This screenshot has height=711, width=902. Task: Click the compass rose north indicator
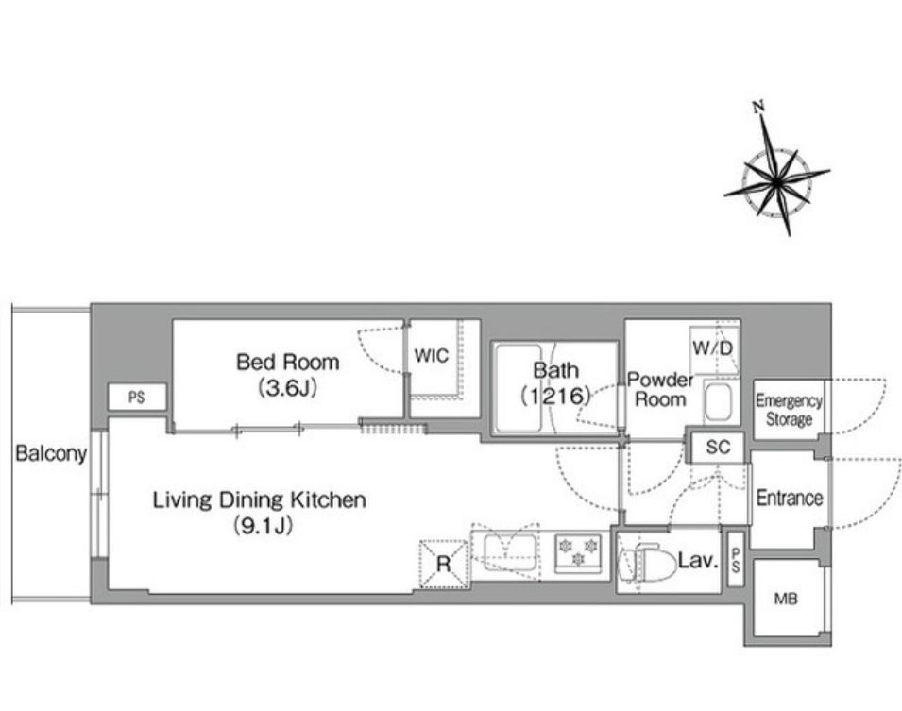(x=759, y=107)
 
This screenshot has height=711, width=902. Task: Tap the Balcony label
(x=51, y=453)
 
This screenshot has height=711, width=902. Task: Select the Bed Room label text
(x=288, y=362)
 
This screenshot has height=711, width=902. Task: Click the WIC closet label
(x=431, y=355)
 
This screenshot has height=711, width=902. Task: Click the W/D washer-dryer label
(x=713, y=348)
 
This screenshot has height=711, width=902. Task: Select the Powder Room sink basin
(x=718, y=401)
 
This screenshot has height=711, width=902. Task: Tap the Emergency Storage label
(x=789, y=410)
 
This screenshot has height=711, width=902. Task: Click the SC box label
(x=717, y=447)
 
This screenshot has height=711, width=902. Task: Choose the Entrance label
(x=790, y=498)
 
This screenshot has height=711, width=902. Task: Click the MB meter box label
(x=786, y=599)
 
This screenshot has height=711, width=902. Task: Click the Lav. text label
(x=698, y=560)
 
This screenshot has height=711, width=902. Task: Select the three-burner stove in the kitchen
(x=577, y=552)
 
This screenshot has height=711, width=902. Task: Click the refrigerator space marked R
(x=443, y=564)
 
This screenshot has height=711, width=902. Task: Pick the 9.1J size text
(x=263, y=526)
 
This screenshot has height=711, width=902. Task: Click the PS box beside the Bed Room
(x=137, y=397)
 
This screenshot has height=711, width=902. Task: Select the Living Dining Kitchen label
(x=260, y=499)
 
